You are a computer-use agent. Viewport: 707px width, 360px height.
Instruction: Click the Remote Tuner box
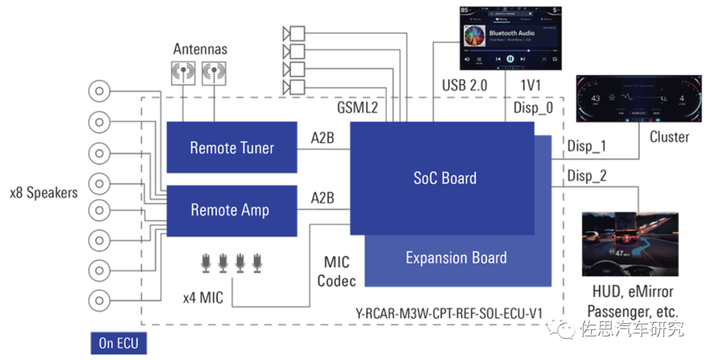tap(232, 148)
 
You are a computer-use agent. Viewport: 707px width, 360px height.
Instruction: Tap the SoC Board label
tap(444, 178)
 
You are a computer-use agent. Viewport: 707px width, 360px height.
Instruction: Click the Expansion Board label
tap(456, 257)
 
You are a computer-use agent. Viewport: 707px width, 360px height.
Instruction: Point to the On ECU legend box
tap(118, 343)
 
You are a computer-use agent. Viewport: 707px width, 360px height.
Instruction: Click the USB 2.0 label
tap(465, 86)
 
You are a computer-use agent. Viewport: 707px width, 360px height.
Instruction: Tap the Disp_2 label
tap(587, 175)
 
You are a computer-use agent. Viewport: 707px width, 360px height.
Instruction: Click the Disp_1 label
tap(587, 145)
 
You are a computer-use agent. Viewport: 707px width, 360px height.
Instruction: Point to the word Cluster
tap(669, 137)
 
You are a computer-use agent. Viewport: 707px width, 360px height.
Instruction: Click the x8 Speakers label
tap(44, 192)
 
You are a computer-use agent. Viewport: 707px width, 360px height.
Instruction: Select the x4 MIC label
tap(203, 298)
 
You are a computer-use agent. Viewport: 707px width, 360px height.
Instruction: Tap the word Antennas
tap(200, 49)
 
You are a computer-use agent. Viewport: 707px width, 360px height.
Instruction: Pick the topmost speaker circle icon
tap(101, 91)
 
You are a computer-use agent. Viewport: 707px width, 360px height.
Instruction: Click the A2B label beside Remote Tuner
tap(323, 138)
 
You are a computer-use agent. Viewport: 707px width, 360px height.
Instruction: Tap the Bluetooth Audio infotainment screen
tap(510, 39)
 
